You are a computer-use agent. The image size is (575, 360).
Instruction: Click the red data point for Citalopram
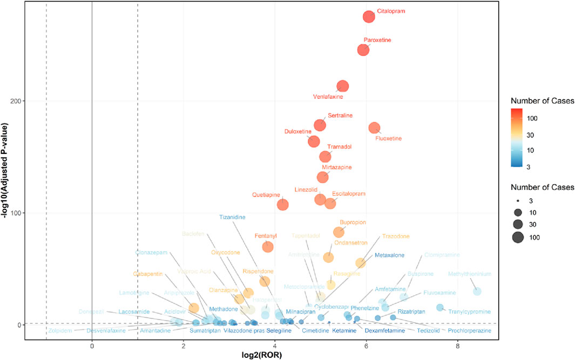click(x=369, y=17)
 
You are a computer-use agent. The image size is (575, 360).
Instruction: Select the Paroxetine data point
click(x=363, y=50)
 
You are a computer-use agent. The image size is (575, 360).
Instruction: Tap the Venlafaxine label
click(x=328, y=97)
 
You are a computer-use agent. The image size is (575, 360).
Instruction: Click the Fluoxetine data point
click(x=375, y=127)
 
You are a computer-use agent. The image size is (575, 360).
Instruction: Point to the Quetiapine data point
click(x=282, y=205)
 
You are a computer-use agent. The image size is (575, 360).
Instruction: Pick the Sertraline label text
click(x=340, y=116)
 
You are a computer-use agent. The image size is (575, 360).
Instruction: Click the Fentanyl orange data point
click(x=268, y=247)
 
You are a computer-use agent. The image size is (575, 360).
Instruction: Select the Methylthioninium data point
click(x=477, y=291)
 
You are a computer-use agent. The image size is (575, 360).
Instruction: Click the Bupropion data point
click(x=339, y=232)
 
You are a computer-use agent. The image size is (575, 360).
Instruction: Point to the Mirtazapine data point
click(x=323, y=177)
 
